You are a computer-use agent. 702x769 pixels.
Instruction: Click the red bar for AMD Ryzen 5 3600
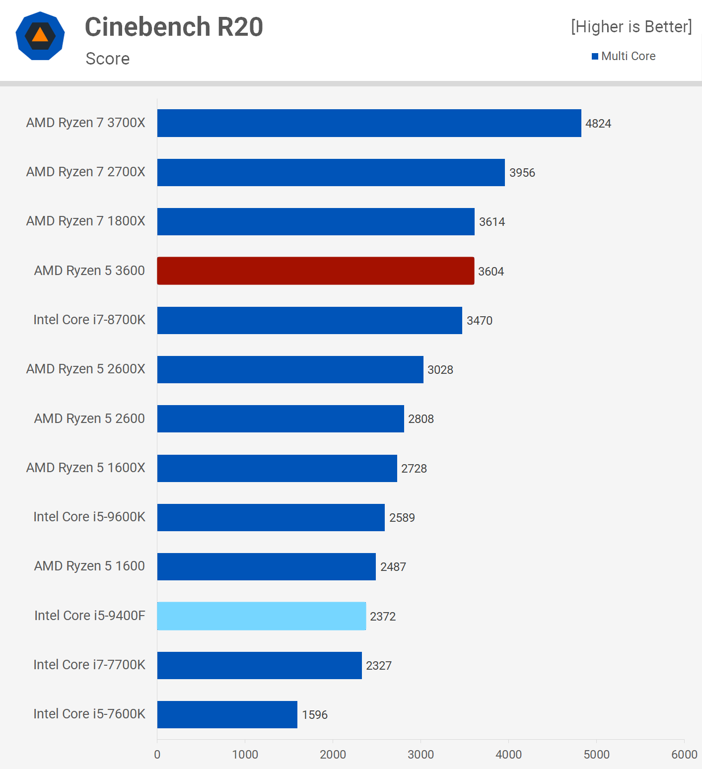pos(316,271)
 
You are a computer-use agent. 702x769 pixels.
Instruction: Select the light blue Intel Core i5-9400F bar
pos(262,616)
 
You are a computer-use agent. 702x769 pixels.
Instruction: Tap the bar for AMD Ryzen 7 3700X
pos(369,123)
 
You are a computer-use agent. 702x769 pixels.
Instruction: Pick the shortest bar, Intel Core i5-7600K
pos(227,714)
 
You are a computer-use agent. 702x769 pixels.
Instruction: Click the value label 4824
pos(598,124)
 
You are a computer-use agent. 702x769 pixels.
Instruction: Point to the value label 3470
pos(480,321)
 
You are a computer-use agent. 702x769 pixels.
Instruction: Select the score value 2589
pos(402,518)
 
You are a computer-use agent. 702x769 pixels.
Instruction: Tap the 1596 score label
pos(315,715)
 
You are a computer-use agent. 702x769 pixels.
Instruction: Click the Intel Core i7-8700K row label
pos(89,320)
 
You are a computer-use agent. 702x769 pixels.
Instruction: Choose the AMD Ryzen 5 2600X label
pos(86,369)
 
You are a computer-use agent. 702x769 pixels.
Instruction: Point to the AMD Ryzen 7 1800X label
pos(86,221)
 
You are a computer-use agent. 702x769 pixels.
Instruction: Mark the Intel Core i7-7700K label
pos(89,665)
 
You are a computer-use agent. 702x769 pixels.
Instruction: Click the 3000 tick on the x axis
pos(421,755)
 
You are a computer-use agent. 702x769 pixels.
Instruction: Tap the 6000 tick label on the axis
pos(684,755)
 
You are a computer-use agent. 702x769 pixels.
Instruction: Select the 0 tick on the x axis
pos(157,755)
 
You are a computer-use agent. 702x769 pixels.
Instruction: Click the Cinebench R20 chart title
pos(174,27)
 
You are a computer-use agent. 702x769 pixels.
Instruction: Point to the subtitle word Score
pos(108,59)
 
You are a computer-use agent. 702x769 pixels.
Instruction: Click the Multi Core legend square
pos(595,57)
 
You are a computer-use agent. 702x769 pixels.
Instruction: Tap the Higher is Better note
pos(631,27)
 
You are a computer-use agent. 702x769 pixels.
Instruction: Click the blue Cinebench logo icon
pos(40,36)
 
